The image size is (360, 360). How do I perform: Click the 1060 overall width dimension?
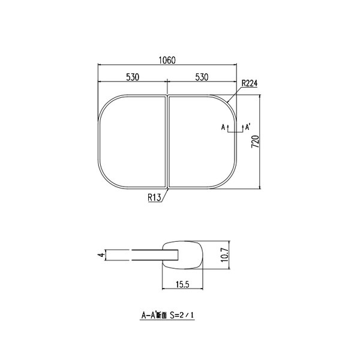(x=167, y=60)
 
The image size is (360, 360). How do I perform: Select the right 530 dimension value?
(x=201, y=77)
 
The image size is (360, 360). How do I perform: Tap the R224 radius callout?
(x=248, y=84)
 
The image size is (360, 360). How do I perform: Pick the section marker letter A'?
(x=248, y=127)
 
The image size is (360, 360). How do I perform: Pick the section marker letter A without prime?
(x=223, y=127)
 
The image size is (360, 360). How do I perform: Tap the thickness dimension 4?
(x=102, y=255)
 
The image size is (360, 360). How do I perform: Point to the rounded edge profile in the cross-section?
(x=186, y=254)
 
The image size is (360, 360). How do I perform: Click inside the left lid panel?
(x=131, y=142)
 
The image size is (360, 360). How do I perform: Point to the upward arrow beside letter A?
(x=229, y=127)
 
